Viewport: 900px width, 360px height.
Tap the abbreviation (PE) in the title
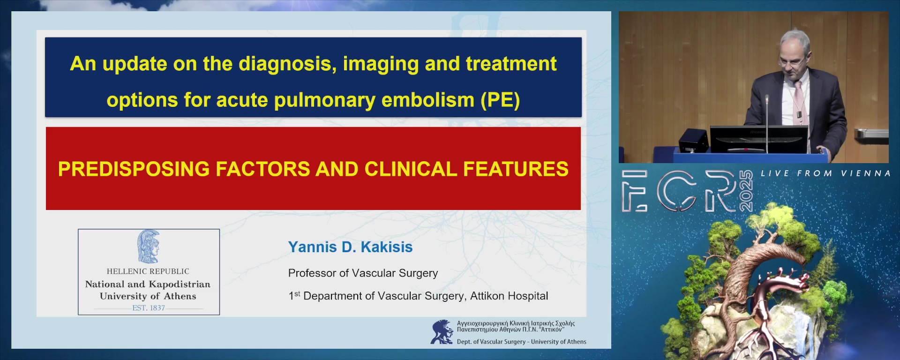tap(500, 100)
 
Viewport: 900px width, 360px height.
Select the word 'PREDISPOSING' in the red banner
tap(134, 169)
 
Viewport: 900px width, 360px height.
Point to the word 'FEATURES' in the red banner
tap(516, 169)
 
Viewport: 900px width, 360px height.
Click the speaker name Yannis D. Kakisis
tap(350, 247)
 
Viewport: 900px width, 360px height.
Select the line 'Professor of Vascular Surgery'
tap(363, 273)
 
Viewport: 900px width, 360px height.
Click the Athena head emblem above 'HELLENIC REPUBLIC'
tap(149, 247)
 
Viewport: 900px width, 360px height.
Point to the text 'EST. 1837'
tap(149, 308)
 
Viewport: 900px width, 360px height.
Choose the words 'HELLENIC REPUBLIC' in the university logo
tap(148, 271)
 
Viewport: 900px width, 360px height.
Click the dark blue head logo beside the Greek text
tap(442, 332)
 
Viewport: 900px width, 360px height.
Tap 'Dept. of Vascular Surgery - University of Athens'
tap(521, 342)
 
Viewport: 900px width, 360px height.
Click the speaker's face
tap(793, 60)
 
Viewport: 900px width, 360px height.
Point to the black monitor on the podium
tap(759, 139)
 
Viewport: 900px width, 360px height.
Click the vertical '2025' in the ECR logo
tap(746, 191)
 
